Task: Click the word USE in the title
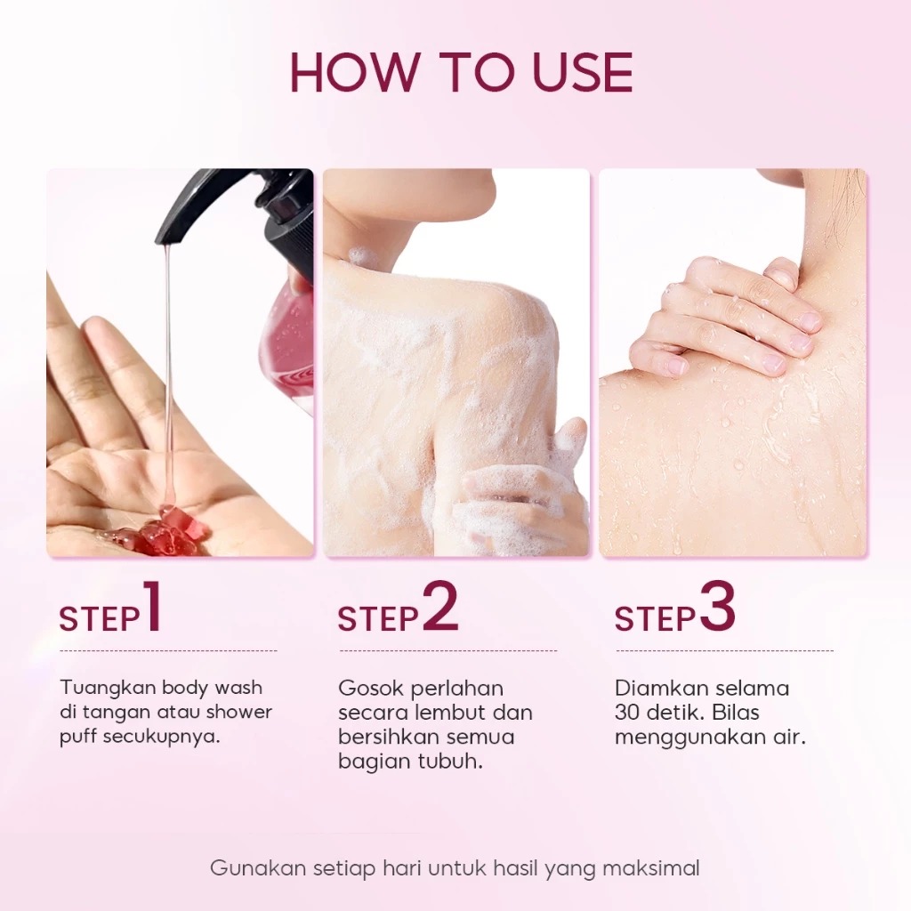[x=583, y=72]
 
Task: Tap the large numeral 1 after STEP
[x=151, y=608]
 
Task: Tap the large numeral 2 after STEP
[x=439, y=608]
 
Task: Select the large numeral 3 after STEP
[x=718, y=608]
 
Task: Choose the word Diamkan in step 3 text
[x=661, y=689]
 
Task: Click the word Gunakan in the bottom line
[x=258, y=868]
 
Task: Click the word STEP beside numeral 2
[x=377, y=619]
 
